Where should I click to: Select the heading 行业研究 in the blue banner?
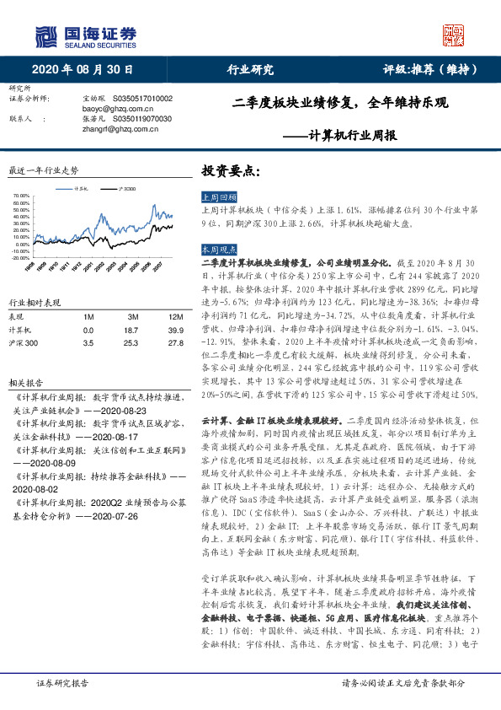pyautogui.click(x=251, y=69)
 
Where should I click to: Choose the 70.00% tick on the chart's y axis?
pyautogui.click(x=22, y=196)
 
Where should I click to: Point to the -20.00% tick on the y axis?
pyautogui.click(x=22, y=257)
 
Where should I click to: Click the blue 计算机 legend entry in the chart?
pyautogui.click(x=82, y=189)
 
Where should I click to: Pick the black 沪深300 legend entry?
pyautogui.click(x=127, y=189)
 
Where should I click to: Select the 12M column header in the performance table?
pyautogui.click(x=175, y=315)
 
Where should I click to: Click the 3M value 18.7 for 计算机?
pyautogui.click(x=131, y=330)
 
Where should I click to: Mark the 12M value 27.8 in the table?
pyautogui.click(x=175, y=343)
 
